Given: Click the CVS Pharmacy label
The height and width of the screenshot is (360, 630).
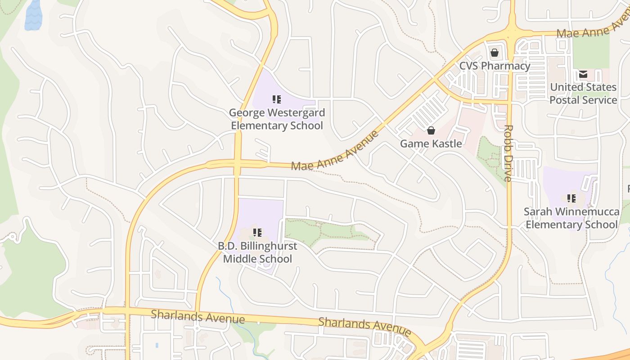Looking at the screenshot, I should [x=495, y=66].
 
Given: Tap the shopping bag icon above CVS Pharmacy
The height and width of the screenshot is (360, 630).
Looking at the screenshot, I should [x=495, y=53].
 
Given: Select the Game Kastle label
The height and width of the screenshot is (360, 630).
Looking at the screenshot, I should [x=431, y=144].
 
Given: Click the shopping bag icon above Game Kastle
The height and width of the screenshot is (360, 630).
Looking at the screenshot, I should [x=431, y=130].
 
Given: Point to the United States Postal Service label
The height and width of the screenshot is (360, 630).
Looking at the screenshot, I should [x=583, y=94].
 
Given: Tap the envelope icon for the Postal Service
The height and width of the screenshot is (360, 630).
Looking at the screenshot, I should [x=583, y=74].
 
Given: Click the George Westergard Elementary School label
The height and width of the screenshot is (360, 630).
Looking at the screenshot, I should [x=277, y=119].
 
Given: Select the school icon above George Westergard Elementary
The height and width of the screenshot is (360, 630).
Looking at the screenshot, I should [x=277, y=99].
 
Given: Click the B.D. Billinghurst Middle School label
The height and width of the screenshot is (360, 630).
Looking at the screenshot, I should [x=257, y=252].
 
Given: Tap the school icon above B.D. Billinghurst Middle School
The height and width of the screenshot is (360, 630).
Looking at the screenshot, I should [x=257, y=233].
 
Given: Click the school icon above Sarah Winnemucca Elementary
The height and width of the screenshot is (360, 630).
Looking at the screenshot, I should [x=571, y=198].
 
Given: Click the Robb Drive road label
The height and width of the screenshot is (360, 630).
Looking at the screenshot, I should [x=508, y=153].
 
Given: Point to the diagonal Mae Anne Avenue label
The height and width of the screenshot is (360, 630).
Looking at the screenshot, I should [x=335, y=151].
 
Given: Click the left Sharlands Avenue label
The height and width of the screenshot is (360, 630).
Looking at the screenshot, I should [x=198, y=316].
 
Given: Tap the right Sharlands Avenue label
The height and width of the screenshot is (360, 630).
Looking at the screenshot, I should [x=364, y=327].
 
